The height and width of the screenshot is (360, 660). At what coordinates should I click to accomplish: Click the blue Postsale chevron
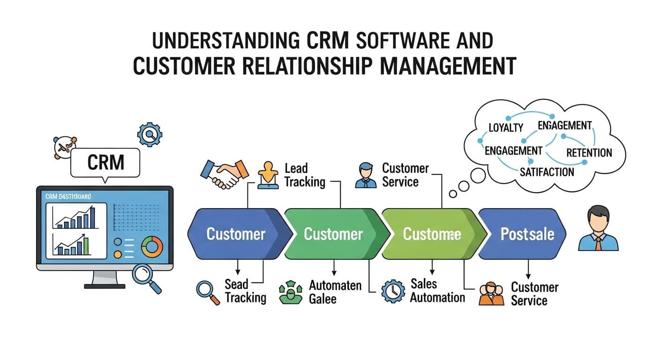pos(523,233)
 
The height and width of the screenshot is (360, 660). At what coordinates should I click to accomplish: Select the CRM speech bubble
pos(105,163)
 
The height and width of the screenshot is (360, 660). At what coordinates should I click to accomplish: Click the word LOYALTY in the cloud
pos(505,127)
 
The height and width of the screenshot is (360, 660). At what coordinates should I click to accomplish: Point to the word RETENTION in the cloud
pos(589,153)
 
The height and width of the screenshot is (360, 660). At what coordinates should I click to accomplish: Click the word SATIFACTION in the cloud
pos(547,172)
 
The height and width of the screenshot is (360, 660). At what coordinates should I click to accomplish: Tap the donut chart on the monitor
pos(151,245)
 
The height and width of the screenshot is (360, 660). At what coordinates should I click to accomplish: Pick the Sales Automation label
pos(437,290)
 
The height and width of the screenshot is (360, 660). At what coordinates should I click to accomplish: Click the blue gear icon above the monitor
pos(150,135)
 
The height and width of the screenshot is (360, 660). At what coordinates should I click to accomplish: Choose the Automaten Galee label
pos(335,292)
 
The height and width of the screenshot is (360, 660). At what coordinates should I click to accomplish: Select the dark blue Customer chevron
pos(235,233)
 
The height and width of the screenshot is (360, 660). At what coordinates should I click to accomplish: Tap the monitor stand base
pos(105,285)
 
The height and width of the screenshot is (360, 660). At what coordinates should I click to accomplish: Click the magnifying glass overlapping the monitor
pos(146,277)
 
